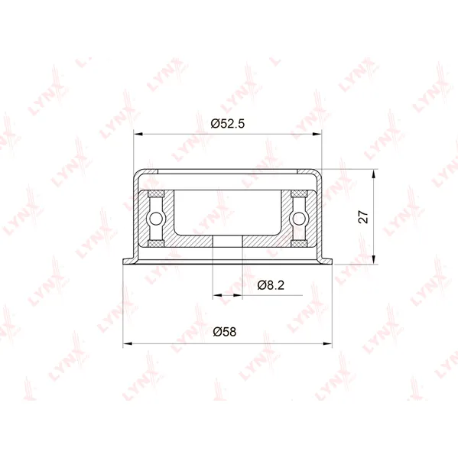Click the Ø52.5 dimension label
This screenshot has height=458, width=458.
(x=228, y=124)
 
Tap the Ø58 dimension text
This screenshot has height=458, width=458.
(x=224, y=332)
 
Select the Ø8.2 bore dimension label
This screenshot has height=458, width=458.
(x=271, y=285)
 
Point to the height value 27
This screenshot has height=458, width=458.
(x=364, y=216)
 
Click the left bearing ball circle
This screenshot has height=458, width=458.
(x=156, y=219)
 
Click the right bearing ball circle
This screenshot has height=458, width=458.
(x=298, y=219)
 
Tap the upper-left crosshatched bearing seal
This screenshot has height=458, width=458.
(x=156, y=193)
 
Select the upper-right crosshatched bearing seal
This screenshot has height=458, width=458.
(x=298, y=193)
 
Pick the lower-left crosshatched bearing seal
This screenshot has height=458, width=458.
(x=156, y=244)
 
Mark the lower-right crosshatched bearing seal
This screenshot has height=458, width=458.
(x=298, y=244)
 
